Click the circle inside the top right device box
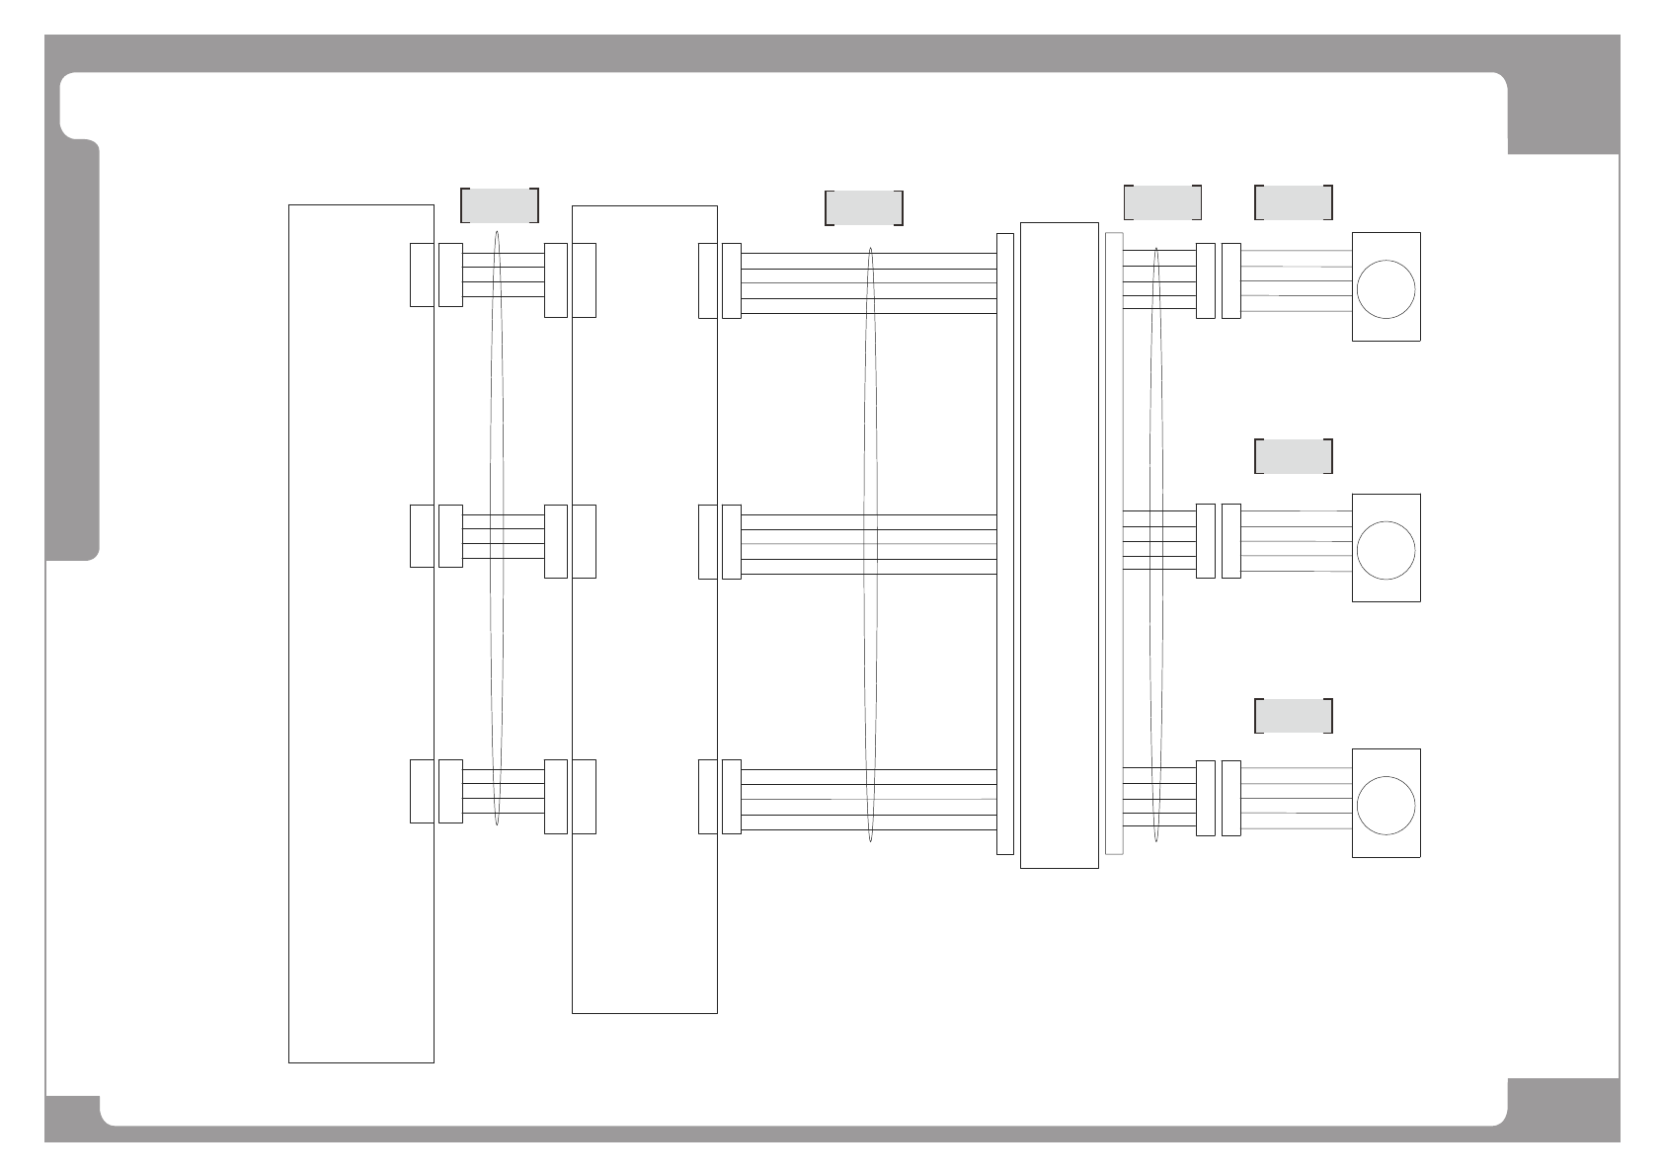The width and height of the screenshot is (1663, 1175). click(x=1386, y=289)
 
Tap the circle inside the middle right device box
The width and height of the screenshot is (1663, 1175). click(x=1386, y=550)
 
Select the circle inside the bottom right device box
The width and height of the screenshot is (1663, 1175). click(x=1386, y=805)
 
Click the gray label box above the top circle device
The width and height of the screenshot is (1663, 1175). click(x=1294, y=201)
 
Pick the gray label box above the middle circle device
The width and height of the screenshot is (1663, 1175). click(x=1294, y=456)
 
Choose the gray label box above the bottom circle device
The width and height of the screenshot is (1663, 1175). click(x=1294, y=716)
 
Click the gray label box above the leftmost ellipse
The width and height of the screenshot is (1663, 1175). click(x=500, y=204)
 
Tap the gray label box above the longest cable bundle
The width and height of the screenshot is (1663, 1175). click(x=864, y=208)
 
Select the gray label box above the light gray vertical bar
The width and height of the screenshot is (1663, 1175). click(x=1162, y=201)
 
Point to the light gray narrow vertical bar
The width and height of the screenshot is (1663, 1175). click(x=1114, y=543)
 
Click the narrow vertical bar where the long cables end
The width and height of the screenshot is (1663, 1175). click(x=1005, y=543)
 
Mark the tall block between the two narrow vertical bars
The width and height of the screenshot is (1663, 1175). click(x=1059, y=545)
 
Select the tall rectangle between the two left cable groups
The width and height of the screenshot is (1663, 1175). click(x=644, y=609)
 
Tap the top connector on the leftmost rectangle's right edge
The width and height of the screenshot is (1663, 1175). click(x=422, y=274)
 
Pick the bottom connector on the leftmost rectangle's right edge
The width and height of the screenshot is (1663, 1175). click(x=422, y=791)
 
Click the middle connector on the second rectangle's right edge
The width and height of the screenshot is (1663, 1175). click(x=707, y=541)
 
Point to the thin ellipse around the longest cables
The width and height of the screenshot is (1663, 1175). click(x=870, y=543)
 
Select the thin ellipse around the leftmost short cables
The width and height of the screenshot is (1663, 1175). click(x=497, y=529)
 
